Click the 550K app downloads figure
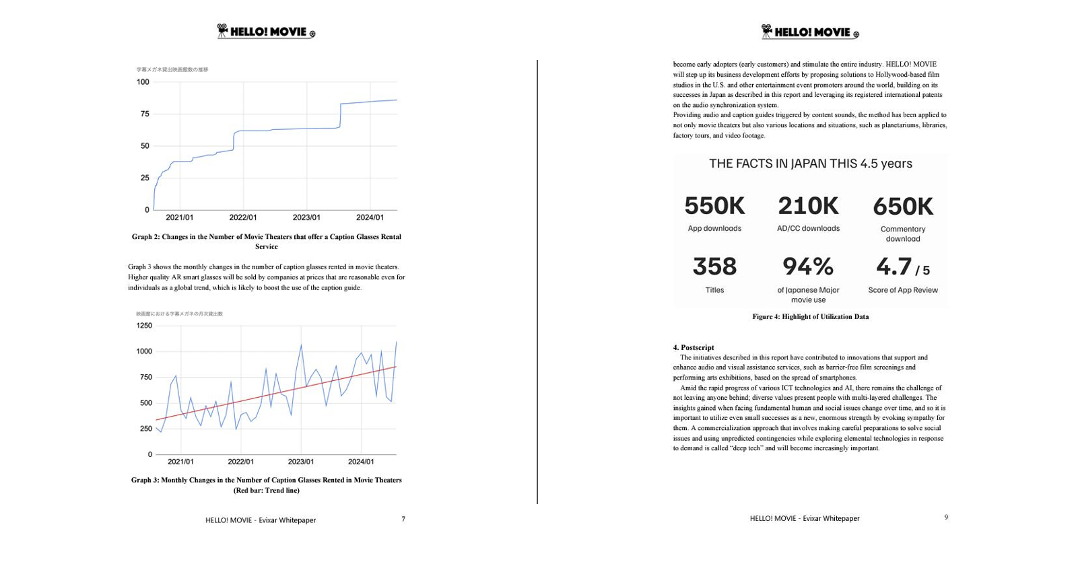[x=714, y=206]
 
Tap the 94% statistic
[x=807, y=267]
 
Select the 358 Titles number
[x=714, y=267]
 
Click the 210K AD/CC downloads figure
[x=807, y=206]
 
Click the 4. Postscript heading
[x=693, y=347]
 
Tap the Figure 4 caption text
[x=810, y=316]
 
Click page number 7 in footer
[x=403, y=519]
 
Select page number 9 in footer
[x=945, y=517]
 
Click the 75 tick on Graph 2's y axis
[x=145, y=114]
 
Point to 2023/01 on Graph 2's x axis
[x=306, y=217]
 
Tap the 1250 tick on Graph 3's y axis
[x=144, y=326]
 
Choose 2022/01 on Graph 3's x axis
[x=240, y=462]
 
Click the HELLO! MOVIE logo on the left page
[x=266, y=32]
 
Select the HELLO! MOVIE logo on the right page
[x=810, y=32]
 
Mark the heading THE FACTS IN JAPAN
[x=810, y=164]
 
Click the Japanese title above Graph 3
[x=179, y=314]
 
